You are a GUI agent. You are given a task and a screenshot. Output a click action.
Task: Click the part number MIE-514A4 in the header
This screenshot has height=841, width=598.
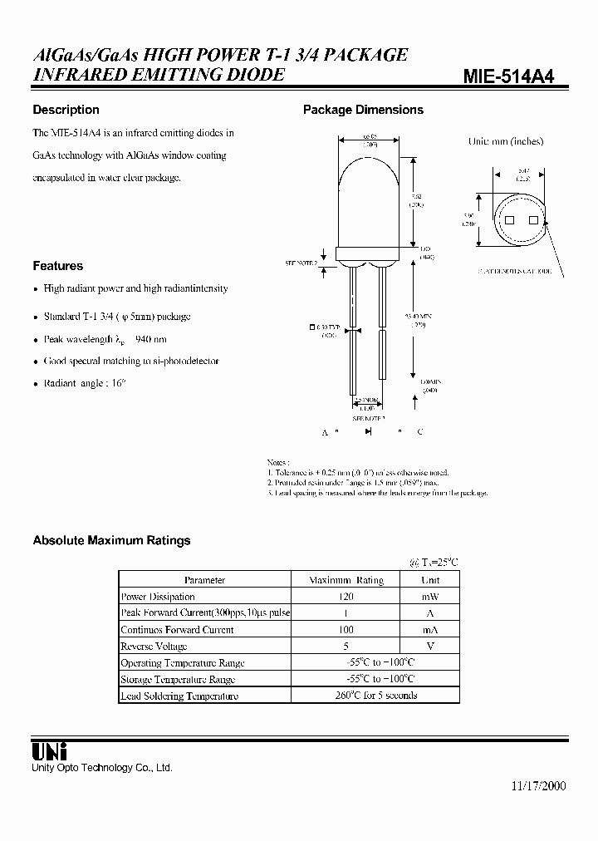(x=508, y=76)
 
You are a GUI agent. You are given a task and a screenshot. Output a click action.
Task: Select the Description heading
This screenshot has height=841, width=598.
(x=66, y=110)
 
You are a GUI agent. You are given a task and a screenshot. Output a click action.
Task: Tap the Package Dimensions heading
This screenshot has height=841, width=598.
(x=363, y=110)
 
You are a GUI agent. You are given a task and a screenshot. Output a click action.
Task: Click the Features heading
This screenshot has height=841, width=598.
(x=57, y=266)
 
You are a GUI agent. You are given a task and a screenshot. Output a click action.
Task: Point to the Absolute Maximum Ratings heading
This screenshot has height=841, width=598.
(x=111, y=540)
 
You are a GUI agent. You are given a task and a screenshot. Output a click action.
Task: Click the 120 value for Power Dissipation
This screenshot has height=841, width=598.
(x=346, y=597)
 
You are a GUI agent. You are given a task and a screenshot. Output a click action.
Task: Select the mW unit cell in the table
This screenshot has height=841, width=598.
(x=429, y=597)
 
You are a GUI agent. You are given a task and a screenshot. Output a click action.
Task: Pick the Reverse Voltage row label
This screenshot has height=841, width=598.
(x=154, y=647)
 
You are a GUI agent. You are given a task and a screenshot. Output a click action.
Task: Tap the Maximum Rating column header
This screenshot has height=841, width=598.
(x=346, y=580)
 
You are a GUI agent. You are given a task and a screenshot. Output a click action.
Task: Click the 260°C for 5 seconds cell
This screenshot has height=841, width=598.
(x=375, y=696)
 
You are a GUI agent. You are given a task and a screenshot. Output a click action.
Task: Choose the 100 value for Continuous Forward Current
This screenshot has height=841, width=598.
(x=346, y=630)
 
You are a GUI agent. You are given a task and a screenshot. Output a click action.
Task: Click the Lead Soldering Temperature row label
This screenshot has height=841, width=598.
(x=179, y=696)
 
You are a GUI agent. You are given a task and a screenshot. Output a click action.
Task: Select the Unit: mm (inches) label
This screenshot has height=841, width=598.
(x=505, y=141)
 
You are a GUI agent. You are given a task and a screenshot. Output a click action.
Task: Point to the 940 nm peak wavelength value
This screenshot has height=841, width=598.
(x=149, y=339)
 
